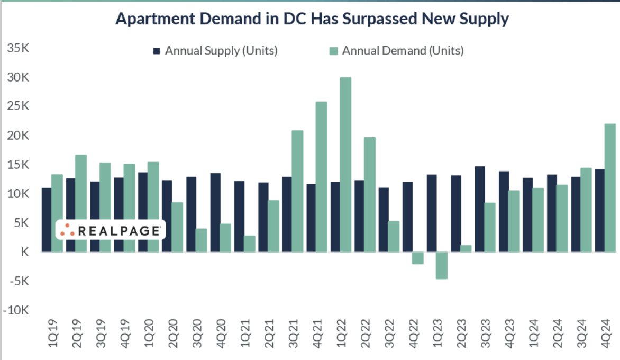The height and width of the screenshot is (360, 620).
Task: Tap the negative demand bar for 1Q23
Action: coord(442,265)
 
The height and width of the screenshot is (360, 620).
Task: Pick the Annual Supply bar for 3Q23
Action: coord(480,209)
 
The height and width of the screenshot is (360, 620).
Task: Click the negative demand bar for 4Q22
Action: coord(417,258)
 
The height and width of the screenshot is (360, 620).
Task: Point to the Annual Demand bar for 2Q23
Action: coord(466,248)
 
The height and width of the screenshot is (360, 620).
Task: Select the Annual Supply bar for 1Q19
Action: coord(47,220)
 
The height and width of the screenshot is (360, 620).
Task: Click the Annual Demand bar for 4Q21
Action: coord(321,177)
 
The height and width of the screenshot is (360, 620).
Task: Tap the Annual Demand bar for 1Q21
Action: coord(249,244)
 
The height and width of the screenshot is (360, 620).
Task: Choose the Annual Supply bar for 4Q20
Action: coord(215,212)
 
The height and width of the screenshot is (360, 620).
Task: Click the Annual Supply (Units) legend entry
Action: coord(215,51)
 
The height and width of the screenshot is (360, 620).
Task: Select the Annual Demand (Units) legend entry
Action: coord(396,51)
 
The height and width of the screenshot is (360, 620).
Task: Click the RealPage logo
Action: coord(111,230)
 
